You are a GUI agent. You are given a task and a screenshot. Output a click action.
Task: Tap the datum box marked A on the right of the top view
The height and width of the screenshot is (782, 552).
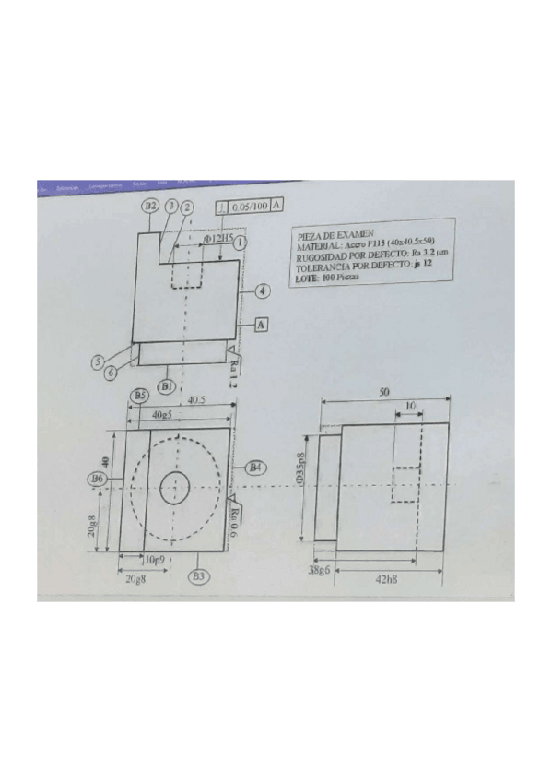click(262, 325)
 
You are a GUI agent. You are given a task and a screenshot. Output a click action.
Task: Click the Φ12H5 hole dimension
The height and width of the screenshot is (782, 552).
click(216, 238)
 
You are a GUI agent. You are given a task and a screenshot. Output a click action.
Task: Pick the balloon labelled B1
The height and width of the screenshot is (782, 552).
click(167, 385)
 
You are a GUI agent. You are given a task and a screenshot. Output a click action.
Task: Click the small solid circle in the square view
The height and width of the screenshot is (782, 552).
click(174, 487)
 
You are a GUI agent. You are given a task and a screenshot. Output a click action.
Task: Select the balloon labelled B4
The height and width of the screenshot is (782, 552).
click(255, 468)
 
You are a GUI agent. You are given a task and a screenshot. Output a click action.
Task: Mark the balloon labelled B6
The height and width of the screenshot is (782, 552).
click(96, 479)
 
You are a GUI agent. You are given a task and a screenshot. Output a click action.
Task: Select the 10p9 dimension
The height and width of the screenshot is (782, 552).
click(153, 559)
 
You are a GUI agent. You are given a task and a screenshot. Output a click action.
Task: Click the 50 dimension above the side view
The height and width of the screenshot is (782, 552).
click(382, 392)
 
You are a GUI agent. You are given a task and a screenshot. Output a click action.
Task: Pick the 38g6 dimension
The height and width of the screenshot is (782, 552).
click(320, 571)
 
